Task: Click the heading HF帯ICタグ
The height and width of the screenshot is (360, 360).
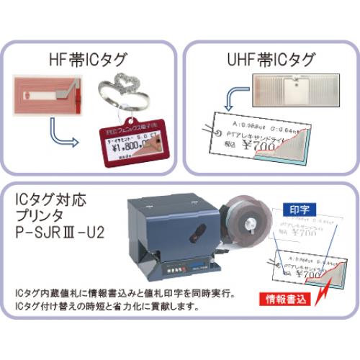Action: pyautogui.click(x=92, y=55)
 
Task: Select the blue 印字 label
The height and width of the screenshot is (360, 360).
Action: pyautogui.click(x=297, y=208)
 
